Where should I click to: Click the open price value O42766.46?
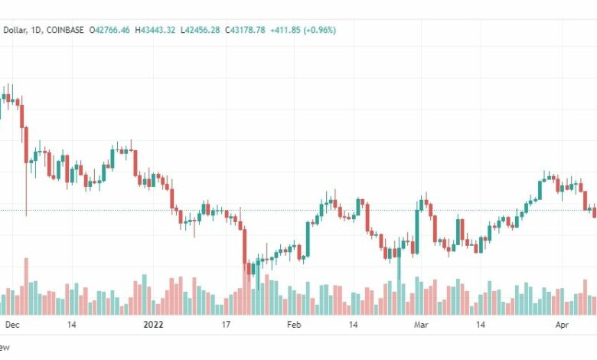tap(110, 30)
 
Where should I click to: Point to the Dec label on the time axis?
tap(12, 325)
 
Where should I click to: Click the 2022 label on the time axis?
tap(154, 325)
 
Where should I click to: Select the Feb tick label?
tap(294, 325)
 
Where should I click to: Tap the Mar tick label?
tap(421, 325)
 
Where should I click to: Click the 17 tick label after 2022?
tap(226, 325)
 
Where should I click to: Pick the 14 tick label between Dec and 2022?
tap(71, 325)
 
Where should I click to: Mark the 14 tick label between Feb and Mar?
tap(354, 325)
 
